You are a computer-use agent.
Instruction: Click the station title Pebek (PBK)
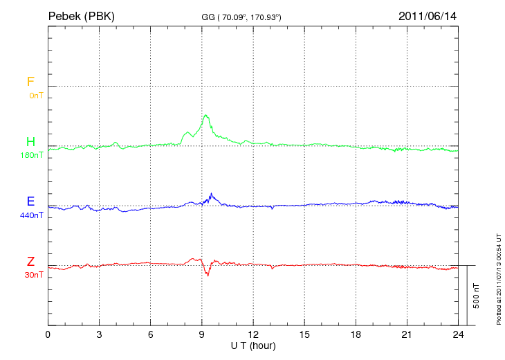pos(81,15)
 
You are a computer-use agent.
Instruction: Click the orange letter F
pos(30,82)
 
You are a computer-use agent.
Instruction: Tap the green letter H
pos(31,142)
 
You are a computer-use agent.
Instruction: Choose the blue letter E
pos(31,201)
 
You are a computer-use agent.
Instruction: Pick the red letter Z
pos(30,262)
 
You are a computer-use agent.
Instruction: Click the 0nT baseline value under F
pos(36,96)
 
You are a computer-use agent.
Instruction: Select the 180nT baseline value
pos(33,155)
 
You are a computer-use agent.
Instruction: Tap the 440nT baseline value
pos(33,215)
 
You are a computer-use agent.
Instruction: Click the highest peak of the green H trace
pos(205,115)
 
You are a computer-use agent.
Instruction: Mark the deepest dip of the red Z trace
pos(208,276)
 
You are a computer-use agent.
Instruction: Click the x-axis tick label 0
pos(48,334)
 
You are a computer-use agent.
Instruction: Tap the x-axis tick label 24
pos(457,334)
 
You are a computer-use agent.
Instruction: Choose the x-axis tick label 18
pos(356,334)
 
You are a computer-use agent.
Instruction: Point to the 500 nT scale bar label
pos(477,296)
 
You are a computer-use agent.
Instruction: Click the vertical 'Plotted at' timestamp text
pos(499,276)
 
